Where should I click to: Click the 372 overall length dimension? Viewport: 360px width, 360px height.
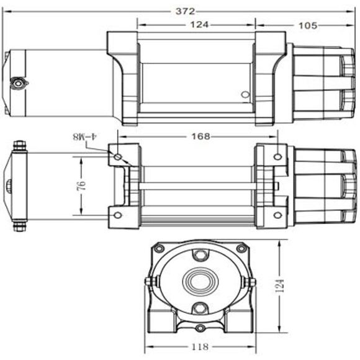185,11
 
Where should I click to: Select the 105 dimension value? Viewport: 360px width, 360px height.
308,25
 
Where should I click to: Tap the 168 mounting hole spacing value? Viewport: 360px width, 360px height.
200,137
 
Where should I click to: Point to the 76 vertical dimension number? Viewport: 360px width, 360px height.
82,186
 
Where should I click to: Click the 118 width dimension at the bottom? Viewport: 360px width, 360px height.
200,346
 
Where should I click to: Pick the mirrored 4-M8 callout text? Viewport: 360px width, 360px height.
84,137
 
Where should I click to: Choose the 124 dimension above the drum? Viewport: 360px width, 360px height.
199,24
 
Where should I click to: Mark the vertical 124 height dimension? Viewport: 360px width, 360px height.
280,286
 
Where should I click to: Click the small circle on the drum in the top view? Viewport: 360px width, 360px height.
245,94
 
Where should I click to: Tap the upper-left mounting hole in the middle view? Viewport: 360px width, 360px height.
118,157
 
